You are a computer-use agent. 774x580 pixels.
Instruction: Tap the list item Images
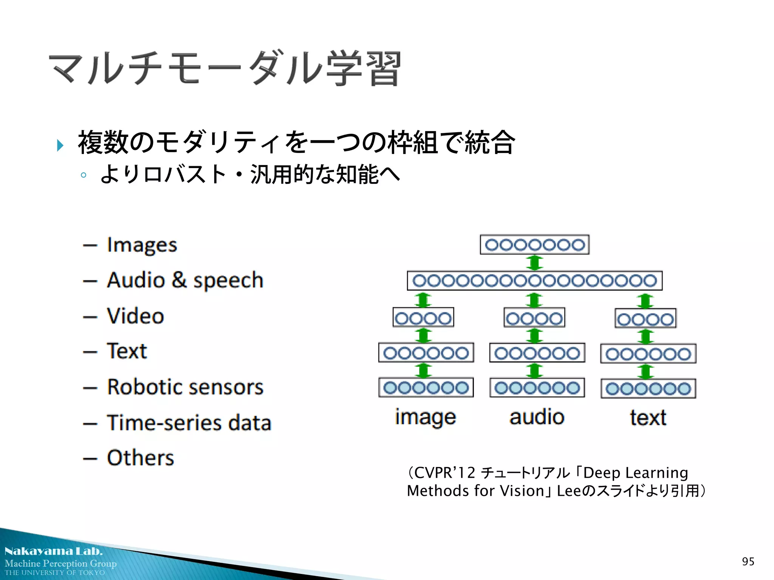pyautogui.click(x=142, y=245)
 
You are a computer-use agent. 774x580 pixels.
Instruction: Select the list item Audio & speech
pyautogui.click(x=185, y=281)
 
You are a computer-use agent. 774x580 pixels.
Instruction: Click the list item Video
pyautogui.click(x=135, y=316)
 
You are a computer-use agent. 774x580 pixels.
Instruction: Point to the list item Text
pyautogui.click(x=127, y=351)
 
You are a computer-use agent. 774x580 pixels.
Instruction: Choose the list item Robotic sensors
pyautogui.click(x=185, y=387)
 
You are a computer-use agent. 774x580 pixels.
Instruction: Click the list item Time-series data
pyautogui.click(x=189, y=423)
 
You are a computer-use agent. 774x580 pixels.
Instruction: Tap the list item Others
pyautogui.click(x=140, y=458)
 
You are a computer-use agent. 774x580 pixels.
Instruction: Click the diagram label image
pyautogui.click(x=426, y=418)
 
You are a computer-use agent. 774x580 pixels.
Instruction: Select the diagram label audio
pyautogui.click(x=537, y=417)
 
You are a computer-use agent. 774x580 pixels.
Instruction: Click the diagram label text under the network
pyautogui.click(x=648, y=418)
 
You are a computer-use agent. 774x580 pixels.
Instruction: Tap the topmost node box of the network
pyautogui.click(x=534, y=245)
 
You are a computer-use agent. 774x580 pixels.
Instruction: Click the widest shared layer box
pyautogui.click(x=534, y=281)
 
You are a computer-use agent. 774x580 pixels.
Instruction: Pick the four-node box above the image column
pyautogui.click(x=423, y=318)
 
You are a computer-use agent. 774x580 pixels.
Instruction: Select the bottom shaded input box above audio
pyautogui.click(x=537, y=388)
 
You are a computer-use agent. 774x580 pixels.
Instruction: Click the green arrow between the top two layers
pyautogui.click(x=534, y=262)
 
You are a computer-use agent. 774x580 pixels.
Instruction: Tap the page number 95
pyautogui.click(x=748, y=561)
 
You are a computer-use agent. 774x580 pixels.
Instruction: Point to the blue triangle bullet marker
pyautogui.click(x=60, y=145)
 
